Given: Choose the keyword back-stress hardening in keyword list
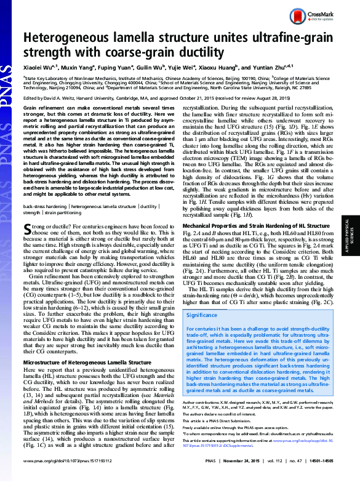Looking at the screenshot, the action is click(46, 207).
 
